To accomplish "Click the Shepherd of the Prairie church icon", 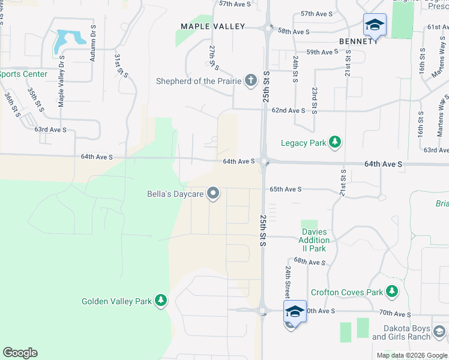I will pyautogui.click(x=251, y=81).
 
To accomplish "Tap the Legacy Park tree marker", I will pyautogui.click(x=336, y=142).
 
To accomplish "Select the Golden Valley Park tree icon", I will pyautogui.click(x=160, y=300).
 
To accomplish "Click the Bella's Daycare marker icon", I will pyautogui.click(x=212, y=193).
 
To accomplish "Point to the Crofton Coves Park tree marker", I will pyautogui.click(x=392, y=292).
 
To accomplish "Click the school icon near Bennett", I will pyautogui.click(x=375, y=25).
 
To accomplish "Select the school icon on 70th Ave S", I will pyautogui.click(x=295, y=311).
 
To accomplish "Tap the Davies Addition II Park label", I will pyautogui.click(x=314, y=240).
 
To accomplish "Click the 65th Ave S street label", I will pyautogui.click(x=285, y=189).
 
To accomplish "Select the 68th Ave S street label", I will pyautogui.click(x=310, y=262).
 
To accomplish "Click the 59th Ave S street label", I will pyautogui.click(x=322, y=52).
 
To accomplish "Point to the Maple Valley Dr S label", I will pyautogui.click(x=61, y=82).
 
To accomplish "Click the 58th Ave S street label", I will pyautogui.click(x=294, y=31).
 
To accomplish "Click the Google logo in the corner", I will pyautogui.click(x=20, y=353).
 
